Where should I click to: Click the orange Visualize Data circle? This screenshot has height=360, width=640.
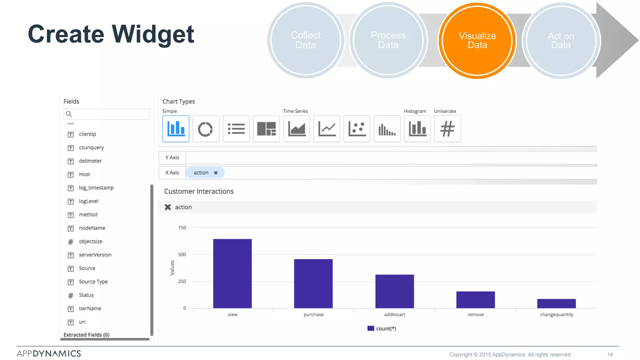477,41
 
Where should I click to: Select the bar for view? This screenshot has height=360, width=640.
232,273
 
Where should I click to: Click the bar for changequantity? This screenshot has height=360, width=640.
556,303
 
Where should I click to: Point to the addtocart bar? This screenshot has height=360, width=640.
394,291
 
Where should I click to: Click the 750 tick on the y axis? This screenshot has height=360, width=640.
182,228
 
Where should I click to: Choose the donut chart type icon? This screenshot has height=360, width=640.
206,129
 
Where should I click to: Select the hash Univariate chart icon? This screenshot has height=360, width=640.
447,129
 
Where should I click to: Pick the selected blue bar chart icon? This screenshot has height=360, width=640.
176,129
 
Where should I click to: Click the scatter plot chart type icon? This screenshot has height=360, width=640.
357,129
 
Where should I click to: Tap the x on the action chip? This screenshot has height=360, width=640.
216,173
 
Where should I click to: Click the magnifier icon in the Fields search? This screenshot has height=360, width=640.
69,114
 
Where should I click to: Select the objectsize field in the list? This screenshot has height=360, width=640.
91,242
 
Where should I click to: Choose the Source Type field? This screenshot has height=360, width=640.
93,282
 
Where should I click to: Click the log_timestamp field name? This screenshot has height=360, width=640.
96,188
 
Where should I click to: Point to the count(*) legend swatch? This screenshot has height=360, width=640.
371,328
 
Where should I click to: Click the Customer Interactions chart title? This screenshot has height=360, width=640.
199,192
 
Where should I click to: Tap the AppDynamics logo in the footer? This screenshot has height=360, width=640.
49,353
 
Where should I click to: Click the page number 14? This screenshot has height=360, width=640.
610,355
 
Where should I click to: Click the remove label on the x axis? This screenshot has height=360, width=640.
475,315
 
